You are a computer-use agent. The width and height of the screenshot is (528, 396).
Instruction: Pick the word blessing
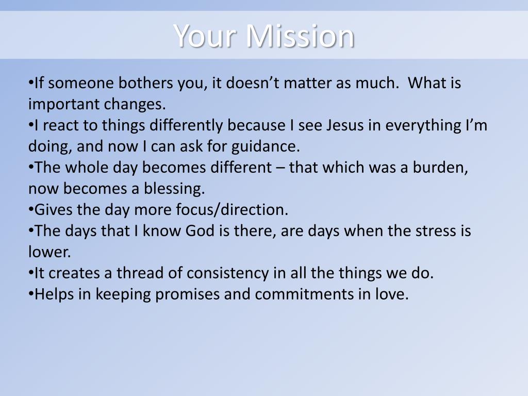pos(174,189)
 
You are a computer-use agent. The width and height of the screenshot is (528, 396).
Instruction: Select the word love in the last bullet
pos(394,294)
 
